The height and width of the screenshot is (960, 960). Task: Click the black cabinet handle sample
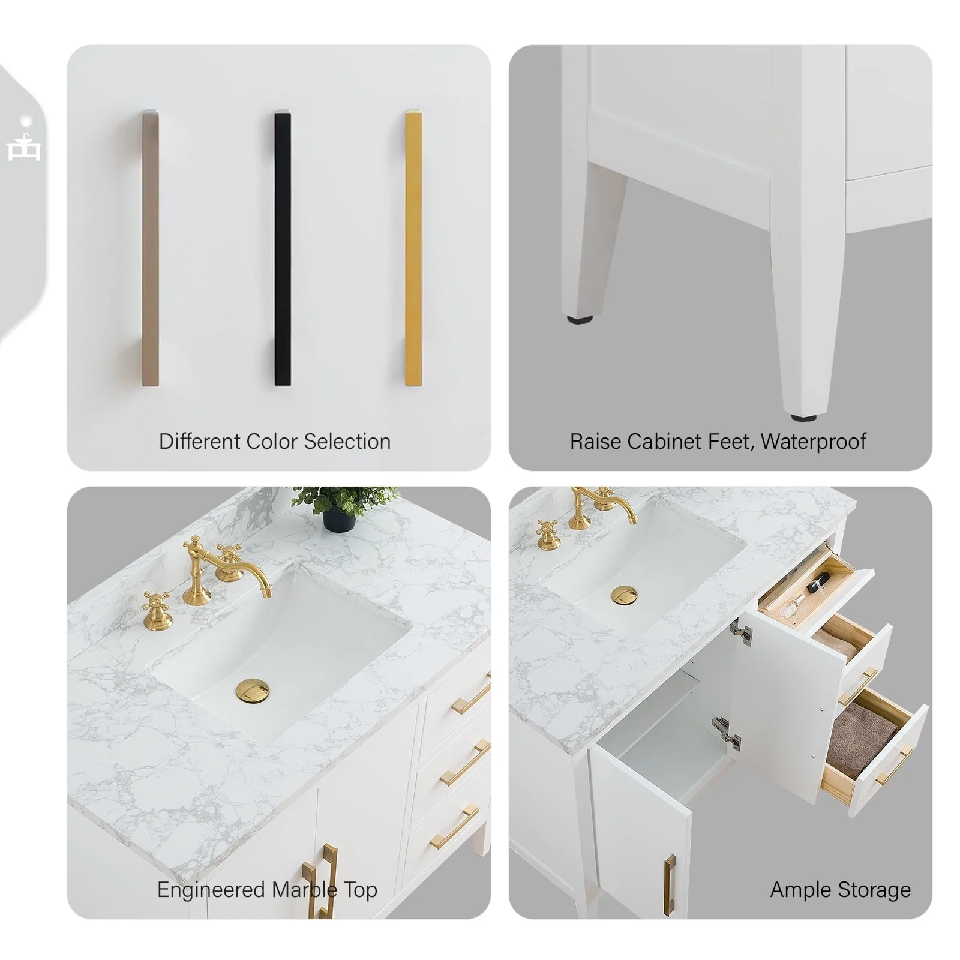tap(283, 248)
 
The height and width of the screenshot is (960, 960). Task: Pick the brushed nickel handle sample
tap(151, 248)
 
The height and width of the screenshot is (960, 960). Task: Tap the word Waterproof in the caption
tap(813, 442)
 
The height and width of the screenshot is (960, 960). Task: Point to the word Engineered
tap(211, 890)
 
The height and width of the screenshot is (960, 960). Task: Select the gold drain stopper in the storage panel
tap(625, 595)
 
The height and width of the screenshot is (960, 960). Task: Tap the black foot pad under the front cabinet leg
tap(803, 415)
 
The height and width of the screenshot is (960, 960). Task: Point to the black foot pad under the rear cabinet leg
tap(580, 320)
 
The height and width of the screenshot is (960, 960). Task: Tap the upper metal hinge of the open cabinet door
tap(741, 632)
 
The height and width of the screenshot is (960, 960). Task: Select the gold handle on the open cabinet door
tap(670, 886)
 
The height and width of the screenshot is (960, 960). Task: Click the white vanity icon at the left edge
tap(24, 144)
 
